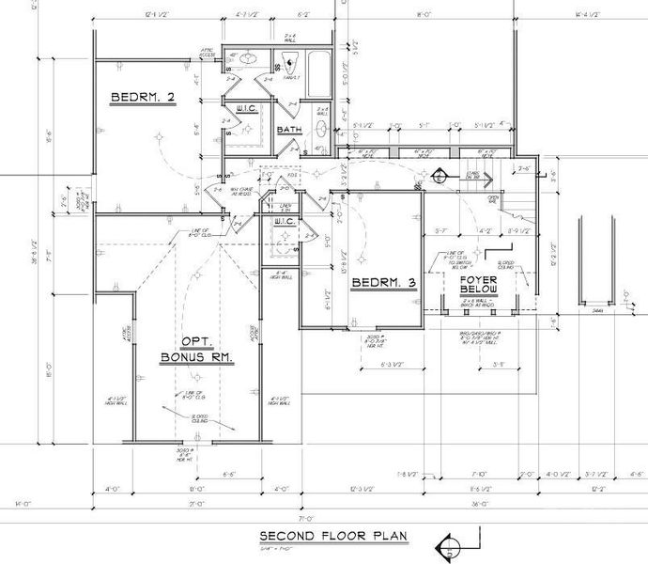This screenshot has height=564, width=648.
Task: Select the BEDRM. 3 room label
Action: coord(383,282)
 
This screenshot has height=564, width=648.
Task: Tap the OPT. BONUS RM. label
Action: coord(195,350)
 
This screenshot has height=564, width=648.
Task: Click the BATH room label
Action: coord(288,130)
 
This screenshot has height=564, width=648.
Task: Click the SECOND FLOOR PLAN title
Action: coord(334,537)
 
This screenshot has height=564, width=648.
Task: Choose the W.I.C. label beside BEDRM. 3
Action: coord(285,222)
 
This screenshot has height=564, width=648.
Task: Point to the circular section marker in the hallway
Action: coord(438,175)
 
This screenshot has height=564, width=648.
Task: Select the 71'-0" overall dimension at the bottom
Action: coord(306,517)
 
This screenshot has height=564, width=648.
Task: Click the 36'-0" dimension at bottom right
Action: coord(480,504)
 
